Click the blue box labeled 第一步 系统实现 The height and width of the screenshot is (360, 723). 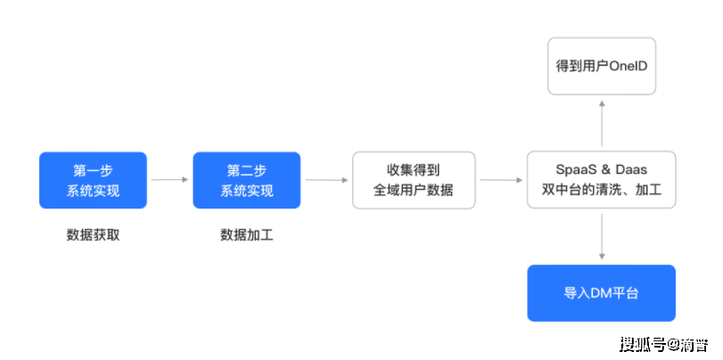[93, 180]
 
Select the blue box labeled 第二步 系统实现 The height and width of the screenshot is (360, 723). [247, 180]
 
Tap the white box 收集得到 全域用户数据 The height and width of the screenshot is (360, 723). [414, 180]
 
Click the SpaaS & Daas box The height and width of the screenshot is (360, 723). [601, 180]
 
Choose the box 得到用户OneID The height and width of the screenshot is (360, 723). [601, 66]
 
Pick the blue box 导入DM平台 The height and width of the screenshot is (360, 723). [601, 293]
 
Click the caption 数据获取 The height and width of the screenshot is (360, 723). [93, 235]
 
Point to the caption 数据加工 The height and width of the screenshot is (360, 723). [247, 235]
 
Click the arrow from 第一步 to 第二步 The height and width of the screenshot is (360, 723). [169, 180]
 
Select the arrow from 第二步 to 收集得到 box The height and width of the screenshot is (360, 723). [326, 180]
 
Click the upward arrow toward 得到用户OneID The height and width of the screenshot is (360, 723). [602, 123]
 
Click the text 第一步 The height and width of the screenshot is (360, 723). [93, 170]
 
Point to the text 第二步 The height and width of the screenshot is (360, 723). [247, 170]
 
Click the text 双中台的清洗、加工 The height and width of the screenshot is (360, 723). [601, 190]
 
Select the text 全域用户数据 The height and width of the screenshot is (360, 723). [414, 190]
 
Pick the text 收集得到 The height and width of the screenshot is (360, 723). [414, 170]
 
